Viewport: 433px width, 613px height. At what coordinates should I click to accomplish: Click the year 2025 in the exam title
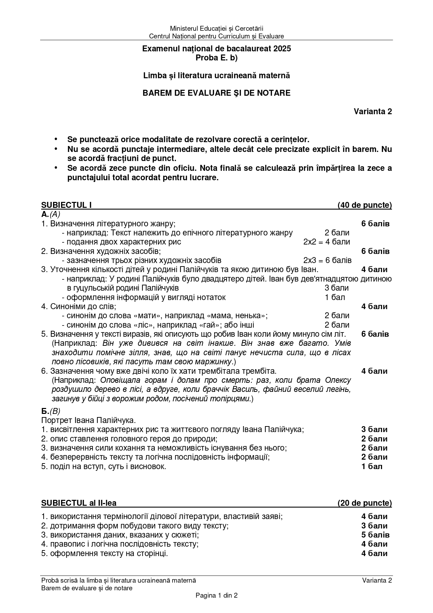click(x=282, y=49)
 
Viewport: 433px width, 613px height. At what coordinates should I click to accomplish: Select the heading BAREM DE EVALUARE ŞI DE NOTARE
click(x=216, y=93)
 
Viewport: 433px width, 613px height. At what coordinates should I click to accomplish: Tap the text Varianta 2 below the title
click(x=373, y=111)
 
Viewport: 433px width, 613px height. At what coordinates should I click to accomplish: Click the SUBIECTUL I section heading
click(x=66, y=205)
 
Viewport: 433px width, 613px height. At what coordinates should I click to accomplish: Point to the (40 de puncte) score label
click(x=365, y=205)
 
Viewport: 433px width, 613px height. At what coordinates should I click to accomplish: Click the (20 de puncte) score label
click(x=365, y=503)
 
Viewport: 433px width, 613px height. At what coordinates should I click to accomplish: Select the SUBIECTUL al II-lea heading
click(x=79, y=503)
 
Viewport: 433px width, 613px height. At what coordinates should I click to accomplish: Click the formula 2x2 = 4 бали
click(x=326, y=242)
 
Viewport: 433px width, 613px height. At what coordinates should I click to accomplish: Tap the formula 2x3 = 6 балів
click(x=327, y=260)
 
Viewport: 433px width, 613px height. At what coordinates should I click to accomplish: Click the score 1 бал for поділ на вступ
click(x=372, y=466)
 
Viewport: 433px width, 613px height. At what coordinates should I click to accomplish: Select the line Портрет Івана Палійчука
click(x=88, y=420)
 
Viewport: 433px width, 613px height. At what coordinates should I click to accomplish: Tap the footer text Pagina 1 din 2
click(x=216, y=596)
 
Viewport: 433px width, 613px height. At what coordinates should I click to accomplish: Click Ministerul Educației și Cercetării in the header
click(x=216, y=28)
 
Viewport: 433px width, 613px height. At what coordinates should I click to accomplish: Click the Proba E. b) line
click(x=216, y=58)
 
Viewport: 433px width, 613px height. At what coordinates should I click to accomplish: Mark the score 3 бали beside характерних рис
click(x=374, y=429)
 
